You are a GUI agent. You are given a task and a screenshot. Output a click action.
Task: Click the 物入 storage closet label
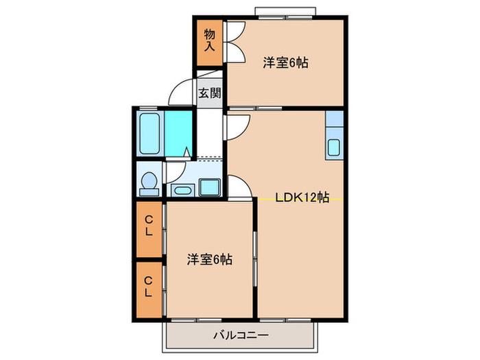210,40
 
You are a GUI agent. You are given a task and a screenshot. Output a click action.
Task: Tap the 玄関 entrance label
210,93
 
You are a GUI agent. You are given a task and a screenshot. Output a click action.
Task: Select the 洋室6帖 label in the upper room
285,63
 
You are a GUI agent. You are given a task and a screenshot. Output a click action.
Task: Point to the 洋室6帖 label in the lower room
210,260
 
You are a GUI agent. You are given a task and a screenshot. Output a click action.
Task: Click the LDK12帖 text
302,198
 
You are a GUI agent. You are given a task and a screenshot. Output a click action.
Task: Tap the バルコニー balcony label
240,336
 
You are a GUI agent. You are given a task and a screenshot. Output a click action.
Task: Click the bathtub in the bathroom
149,134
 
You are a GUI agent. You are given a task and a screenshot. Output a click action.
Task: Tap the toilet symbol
148,181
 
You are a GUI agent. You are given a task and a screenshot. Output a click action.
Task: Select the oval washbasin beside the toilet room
182,189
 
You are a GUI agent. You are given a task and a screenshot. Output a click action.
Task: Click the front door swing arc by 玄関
181,92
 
